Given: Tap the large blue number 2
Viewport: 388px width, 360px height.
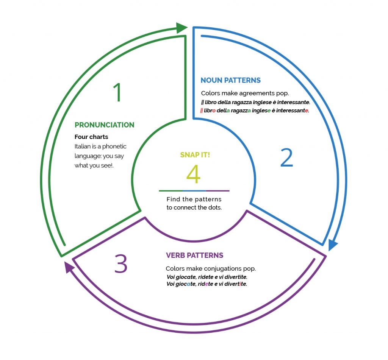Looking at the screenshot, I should pos(286,158).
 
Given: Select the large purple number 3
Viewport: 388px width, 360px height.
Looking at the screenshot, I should pos(121,264).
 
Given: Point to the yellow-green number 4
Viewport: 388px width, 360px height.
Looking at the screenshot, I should pos(194,175).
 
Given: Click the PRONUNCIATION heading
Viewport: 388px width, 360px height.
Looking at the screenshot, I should pos(104,125).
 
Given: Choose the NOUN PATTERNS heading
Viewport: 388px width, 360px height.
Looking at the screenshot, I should pos(230,80).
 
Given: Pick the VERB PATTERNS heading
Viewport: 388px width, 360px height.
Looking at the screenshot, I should pos(194,255).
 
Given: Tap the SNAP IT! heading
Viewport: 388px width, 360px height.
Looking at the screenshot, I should pos(195,155).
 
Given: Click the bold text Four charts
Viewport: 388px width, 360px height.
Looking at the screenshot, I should pos(91,137).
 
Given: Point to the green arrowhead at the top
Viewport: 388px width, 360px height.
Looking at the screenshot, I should pos(182,28).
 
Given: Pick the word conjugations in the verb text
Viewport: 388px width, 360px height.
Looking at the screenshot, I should pos(223,269).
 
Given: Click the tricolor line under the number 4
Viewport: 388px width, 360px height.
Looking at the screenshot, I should pos(194,191).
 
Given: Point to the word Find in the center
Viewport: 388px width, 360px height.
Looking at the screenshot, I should pos(172,199).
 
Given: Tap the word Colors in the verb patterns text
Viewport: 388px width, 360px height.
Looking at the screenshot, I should pos(175,269).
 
